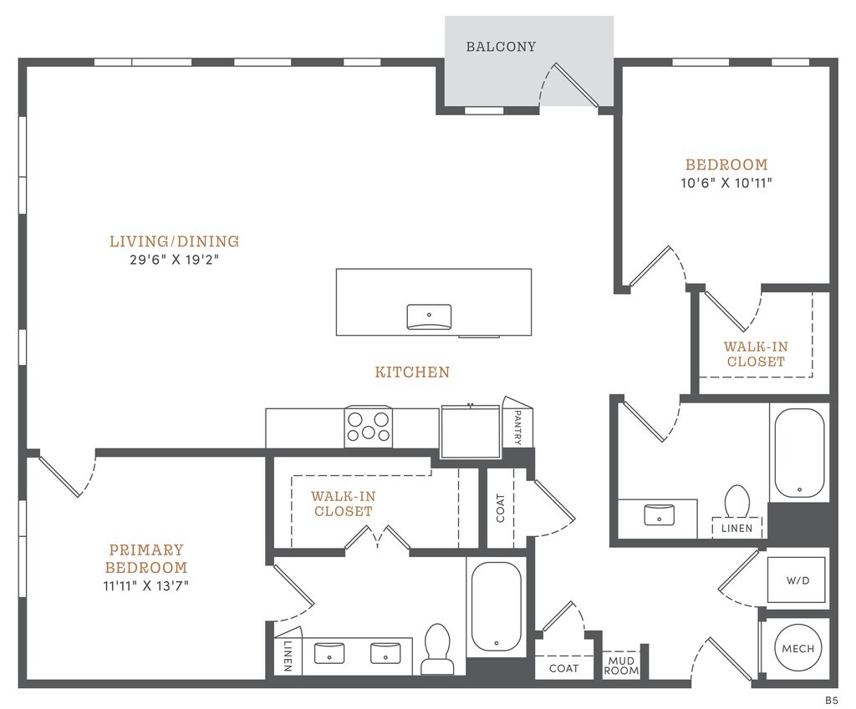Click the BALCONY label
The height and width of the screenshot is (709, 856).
coord(501,47)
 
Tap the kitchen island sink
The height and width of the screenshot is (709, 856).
coord(429,317)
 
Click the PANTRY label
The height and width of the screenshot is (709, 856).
coord(518,427)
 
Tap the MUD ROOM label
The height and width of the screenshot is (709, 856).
coord(622,665)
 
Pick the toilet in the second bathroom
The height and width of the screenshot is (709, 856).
coord(736,502)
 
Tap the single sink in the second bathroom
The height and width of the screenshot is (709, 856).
coord(660,514)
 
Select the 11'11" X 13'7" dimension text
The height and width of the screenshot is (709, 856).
coord(146,585)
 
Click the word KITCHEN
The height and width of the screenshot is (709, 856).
coord(412,372)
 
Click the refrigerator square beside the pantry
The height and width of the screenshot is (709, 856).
coord(471,431)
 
